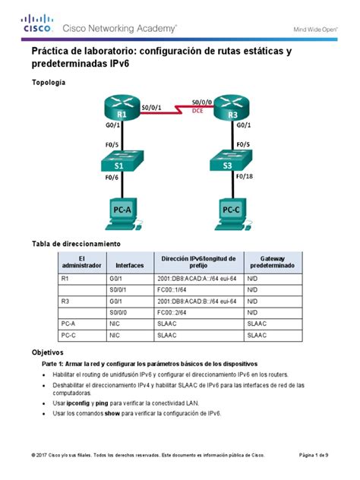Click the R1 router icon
[x=122, y=112]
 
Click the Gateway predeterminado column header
[x=272, y=262]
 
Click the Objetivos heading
[x=47, y=353]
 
